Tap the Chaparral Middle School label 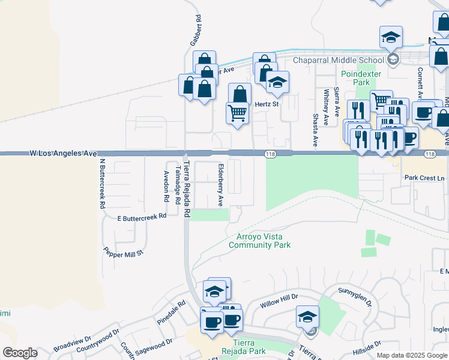pos(338,60)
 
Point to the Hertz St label pos(267,104)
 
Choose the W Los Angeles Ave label pos(63,154)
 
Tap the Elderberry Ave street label pos(220,185)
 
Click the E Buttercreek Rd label pos(142,218)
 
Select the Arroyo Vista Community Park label pos(259,241)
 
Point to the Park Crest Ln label pos(424,178)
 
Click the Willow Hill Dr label pos(279,302)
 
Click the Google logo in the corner pos(20,353)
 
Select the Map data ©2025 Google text pos(411,355)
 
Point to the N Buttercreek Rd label pos(102,184)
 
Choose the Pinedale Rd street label pos(168,314)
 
